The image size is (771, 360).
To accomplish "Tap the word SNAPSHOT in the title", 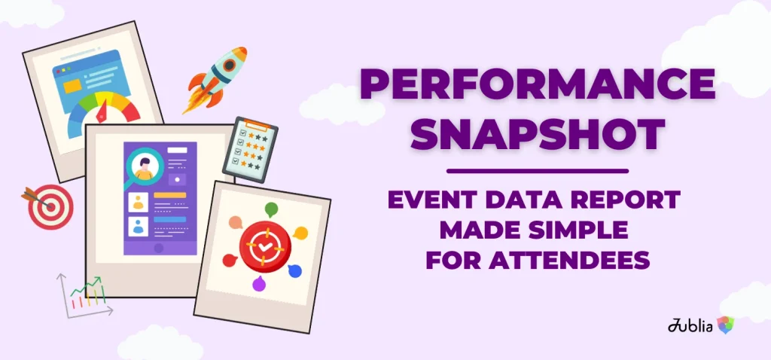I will [538, 134].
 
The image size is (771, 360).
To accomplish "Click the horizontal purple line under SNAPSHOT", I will [538, 170].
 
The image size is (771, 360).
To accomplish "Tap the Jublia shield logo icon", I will [725, 325].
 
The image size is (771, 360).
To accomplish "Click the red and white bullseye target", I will [50, 206].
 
